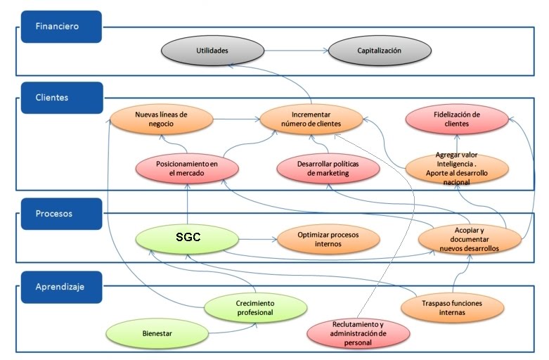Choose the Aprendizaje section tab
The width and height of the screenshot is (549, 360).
pos(60,287)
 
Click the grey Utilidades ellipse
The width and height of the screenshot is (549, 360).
pos(212,51)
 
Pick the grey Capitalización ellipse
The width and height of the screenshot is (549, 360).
pos(379,51)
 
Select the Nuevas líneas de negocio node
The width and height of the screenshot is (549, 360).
pos(161,119)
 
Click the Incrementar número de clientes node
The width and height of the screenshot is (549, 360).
pos(311,119)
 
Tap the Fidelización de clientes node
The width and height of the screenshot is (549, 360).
pos(456,119)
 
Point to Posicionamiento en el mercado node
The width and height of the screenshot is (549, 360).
pos(188,168)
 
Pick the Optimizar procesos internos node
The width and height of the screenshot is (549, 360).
pos(329,239)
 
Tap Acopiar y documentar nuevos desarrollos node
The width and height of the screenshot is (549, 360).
pos(469,239)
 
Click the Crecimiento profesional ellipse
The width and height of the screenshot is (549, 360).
pos(256,307)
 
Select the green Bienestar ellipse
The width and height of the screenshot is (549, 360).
pos(157,330)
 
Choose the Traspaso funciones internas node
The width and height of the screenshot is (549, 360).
pos(452,307)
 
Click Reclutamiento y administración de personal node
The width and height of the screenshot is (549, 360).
pos(358,333)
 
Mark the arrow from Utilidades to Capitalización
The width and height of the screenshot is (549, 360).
pos(295,51)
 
